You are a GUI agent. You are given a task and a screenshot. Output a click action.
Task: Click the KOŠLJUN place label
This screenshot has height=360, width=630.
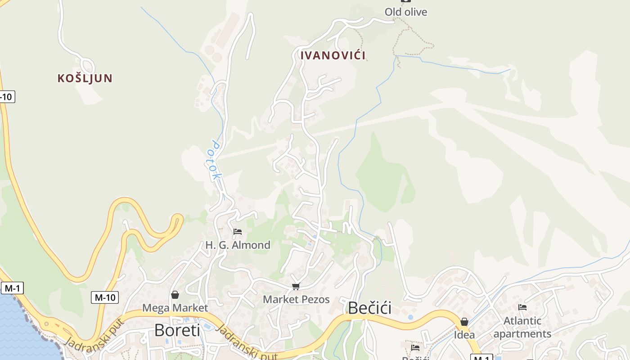[x=85, y=78]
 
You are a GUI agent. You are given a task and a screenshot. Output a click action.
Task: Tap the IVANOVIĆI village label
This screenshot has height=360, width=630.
[x=333, y=55]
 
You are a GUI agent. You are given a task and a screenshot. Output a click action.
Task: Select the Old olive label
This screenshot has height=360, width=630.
[x=405, y=12]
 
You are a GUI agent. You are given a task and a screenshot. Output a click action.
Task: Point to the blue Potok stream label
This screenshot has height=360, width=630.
[x=216, y=161]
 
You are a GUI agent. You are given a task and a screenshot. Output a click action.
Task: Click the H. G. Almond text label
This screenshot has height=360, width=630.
[x=238, y=245]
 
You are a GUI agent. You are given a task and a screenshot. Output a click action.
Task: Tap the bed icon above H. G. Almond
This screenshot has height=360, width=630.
[x=238, y=232]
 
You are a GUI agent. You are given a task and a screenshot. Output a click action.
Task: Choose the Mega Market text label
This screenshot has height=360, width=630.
[x=175, y=308]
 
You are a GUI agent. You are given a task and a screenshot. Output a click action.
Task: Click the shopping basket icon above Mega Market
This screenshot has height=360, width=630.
[x=175, y=295]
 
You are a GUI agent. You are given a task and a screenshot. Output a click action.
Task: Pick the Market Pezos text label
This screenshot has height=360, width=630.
[x=296, y=300]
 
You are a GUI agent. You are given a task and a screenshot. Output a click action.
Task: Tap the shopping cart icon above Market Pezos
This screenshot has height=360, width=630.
[x=296, y=286]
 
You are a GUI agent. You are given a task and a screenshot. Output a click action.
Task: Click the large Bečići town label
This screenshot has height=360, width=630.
[x=369, y=308]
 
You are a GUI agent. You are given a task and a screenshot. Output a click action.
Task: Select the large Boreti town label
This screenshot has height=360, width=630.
[x=177, y=330]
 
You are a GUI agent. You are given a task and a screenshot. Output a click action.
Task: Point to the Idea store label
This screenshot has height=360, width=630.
[x=464, y=335]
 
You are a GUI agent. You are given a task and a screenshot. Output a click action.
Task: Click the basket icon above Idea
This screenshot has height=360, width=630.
[x=464, y=322]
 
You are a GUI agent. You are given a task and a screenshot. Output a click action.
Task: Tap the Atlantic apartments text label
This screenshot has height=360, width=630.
[x=522, y=327]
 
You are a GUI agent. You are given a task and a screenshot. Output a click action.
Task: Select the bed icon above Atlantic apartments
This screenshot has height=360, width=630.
[x=522, y=307]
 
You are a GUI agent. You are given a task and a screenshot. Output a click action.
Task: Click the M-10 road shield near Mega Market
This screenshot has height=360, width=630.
[x=105, y=297]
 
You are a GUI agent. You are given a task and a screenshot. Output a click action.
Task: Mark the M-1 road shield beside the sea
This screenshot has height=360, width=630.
[x=12, y=288]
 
